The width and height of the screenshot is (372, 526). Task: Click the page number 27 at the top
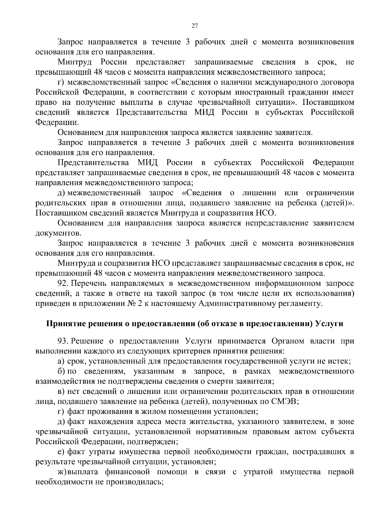tap(195, 26)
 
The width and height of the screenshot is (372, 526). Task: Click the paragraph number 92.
tap(63, 283)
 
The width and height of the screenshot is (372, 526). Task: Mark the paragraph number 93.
tap(63, 341)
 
